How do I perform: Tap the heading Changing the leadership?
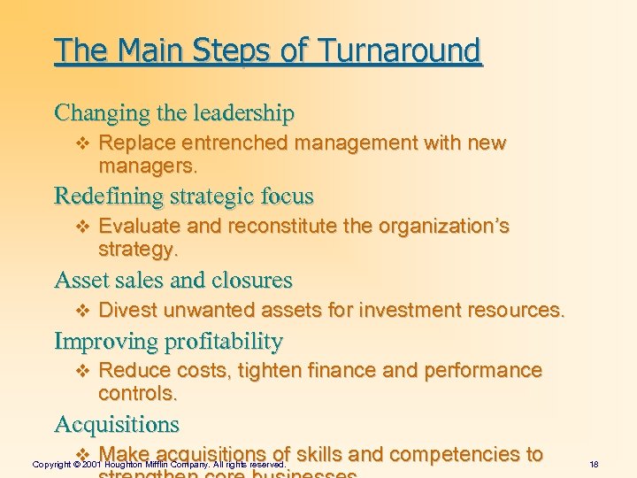[174, 113]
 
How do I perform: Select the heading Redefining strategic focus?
[184, 195]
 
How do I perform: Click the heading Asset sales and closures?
[173, 281]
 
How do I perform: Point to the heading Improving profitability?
[168, 342]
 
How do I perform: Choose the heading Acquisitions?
[117, 424]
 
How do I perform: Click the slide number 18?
[594, 464]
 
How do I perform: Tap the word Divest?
[127, 310]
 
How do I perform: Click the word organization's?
[443, 226]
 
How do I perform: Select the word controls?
[137, 392]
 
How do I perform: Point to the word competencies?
[465, 454]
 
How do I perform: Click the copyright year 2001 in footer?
[93, 465]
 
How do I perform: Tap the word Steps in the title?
[233, 50]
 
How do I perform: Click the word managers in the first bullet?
[146, 166]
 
